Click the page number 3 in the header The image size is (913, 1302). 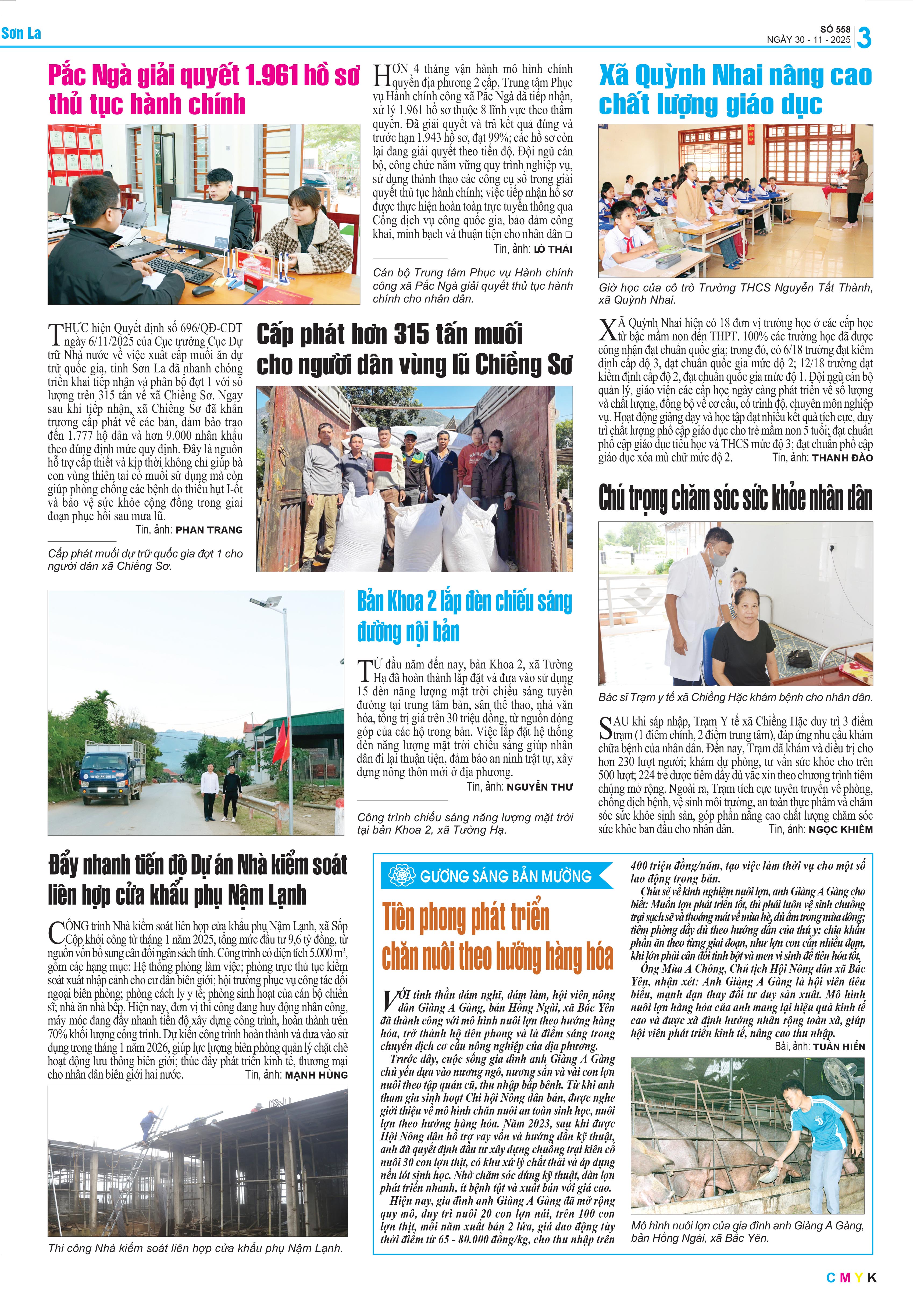pyautogui.click(x=864, y=37)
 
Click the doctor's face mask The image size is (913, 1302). pyautogui.click(x=719, y=558)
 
